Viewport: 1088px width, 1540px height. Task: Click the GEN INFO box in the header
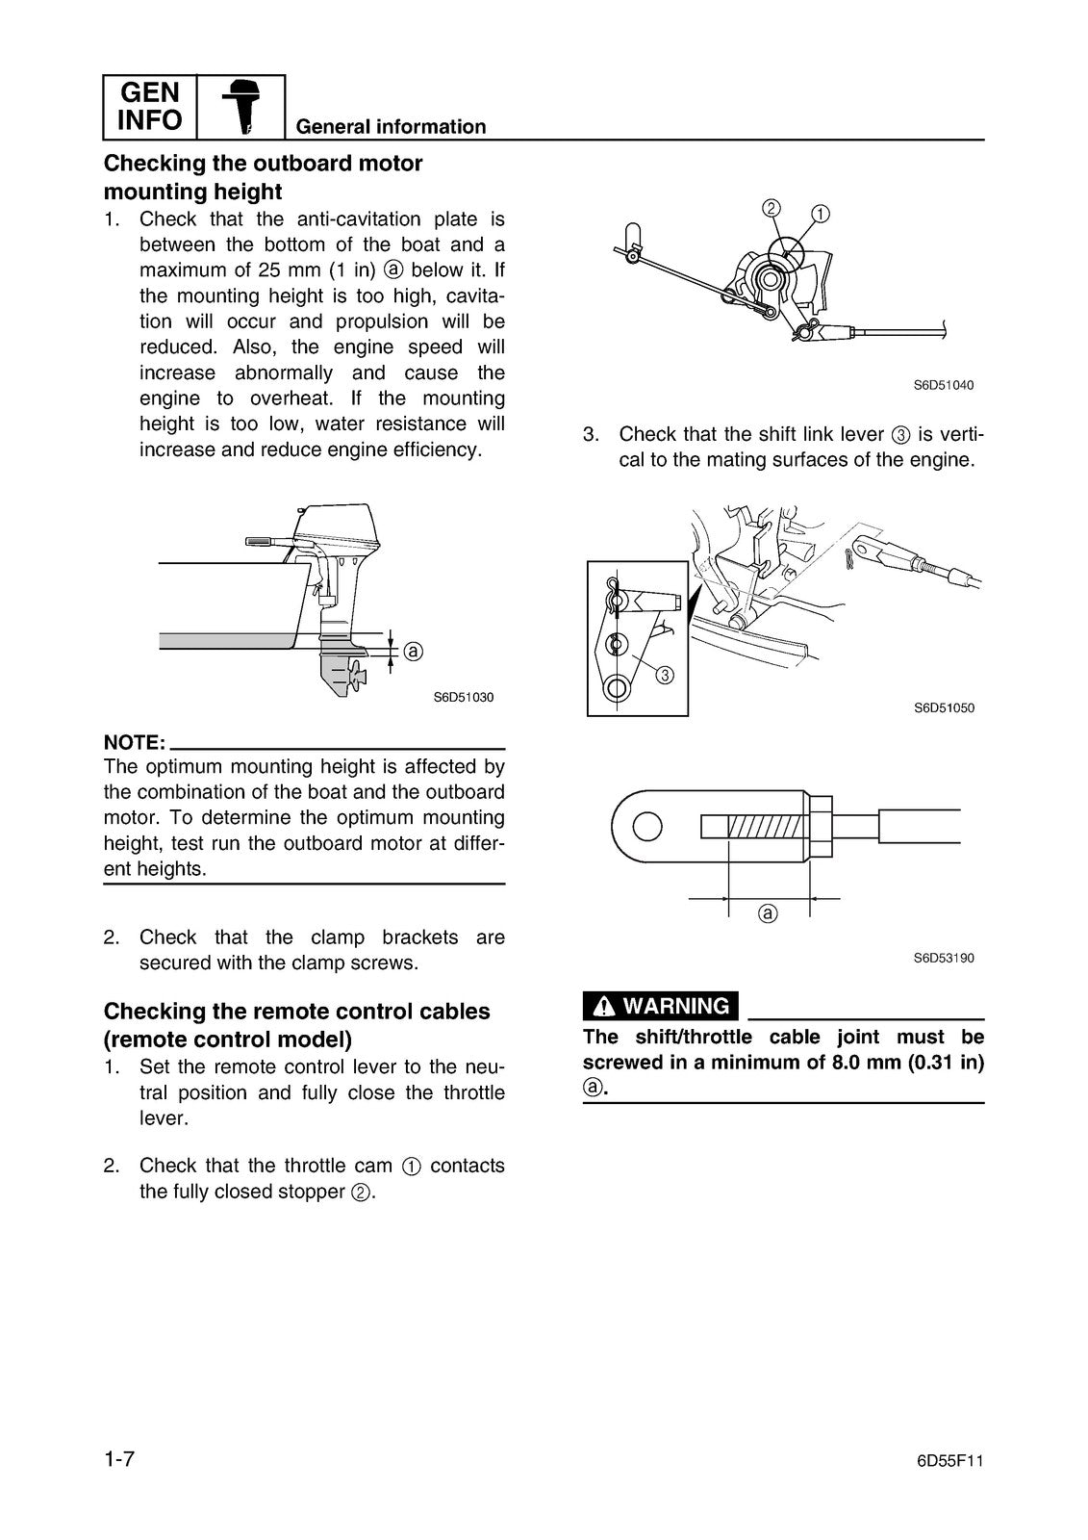149,107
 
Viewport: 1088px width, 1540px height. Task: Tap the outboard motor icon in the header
241,107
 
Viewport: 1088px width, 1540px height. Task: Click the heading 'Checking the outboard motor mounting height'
263,177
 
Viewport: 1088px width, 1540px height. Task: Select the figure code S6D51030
463,697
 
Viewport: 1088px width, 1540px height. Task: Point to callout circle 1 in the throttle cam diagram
820,213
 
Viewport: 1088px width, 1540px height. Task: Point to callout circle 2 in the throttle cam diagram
772,207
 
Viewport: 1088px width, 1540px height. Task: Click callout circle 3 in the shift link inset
664,675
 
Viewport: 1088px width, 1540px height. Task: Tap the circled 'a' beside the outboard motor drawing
413,652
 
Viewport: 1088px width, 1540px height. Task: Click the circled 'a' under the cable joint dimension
767,912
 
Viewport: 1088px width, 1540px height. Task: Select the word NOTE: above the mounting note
135,742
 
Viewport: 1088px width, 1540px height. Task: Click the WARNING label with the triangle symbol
661,1006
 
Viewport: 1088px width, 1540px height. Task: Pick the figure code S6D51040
943,385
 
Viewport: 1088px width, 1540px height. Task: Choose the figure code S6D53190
943,958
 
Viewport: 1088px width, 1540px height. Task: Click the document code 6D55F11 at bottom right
949,1460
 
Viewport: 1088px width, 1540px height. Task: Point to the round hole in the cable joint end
647,826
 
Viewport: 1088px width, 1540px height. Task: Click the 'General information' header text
391,127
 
